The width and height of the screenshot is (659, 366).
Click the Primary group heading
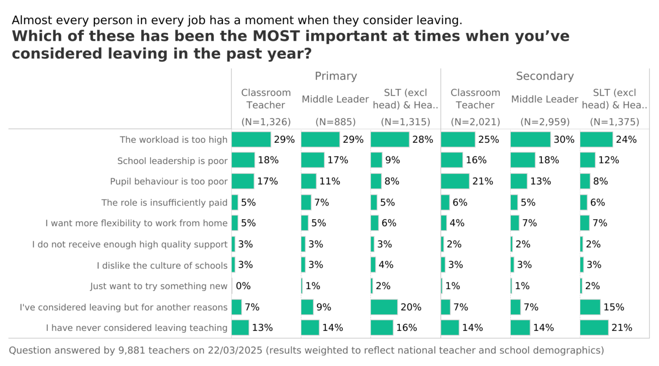[335, 76]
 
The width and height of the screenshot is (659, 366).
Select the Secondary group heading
[545, 76]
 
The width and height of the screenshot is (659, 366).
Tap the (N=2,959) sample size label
[545, 122]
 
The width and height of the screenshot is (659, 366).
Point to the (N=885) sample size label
[335, 122]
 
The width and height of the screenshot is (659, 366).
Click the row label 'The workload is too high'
[173, 140]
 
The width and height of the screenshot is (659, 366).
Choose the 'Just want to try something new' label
[158, 286]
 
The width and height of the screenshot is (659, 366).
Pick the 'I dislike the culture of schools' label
[162, 265]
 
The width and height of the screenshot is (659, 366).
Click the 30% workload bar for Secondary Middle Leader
[530, 140]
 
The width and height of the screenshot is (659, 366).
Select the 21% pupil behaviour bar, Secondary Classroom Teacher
[455, 181]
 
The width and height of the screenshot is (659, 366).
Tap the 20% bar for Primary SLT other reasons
[384, 307]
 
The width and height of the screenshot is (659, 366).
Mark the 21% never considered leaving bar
[594, 328]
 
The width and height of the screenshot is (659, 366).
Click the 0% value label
[243, 286]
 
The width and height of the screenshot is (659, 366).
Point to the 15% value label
[613, 307]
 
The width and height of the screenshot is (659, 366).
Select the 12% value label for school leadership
[608, 160]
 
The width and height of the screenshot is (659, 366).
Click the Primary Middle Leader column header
[335, 99]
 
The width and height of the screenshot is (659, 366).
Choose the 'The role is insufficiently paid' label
[164, 202]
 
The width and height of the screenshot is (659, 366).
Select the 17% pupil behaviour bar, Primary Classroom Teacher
[243, 181]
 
